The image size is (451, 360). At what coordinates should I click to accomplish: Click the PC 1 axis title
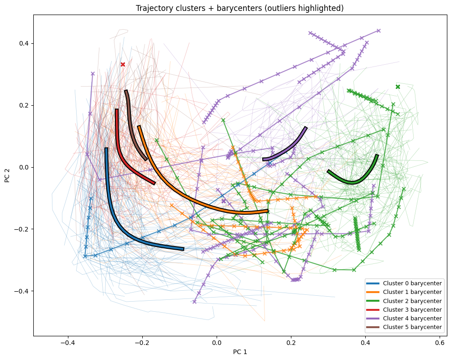239,352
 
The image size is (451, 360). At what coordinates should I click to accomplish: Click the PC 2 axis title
8,175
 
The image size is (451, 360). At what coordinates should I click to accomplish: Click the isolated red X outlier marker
123,64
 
